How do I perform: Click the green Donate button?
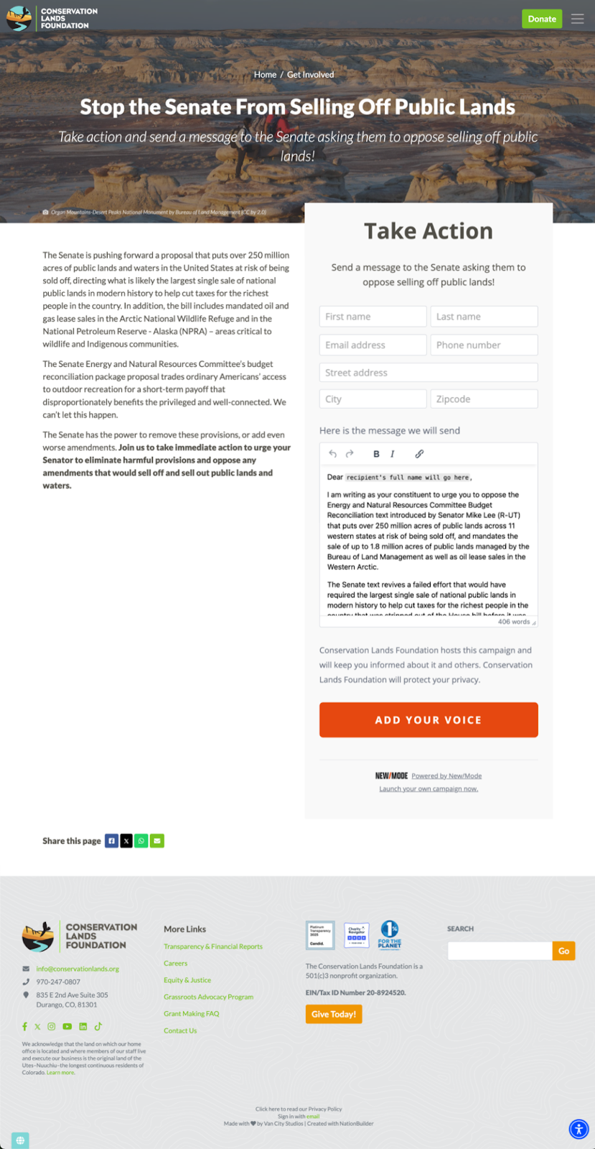pos(541,19)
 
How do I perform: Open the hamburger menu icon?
pos(577,19)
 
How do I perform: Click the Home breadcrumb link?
pos(265,75)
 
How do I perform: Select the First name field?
pos(373,317)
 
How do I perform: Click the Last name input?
pos(484,317)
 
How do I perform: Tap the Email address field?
pos(373,345)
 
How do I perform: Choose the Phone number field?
pos(484,345)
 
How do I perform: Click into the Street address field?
pos(428,373)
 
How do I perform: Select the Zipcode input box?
pos(484,399)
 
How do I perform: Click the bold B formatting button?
pos(376,454)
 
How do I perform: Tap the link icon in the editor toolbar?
pos(419,454)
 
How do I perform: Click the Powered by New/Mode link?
pos(446,776)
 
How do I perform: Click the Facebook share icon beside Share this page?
pos(111,841)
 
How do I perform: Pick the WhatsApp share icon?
pos(141,841)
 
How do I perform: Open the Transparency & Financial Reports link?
pos(213,946)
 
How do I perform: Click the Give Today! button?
pos(334,1014)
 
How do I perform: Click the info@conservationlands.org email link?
pos(78,969)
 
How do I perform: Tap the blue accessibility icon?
pos(578,1129)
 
